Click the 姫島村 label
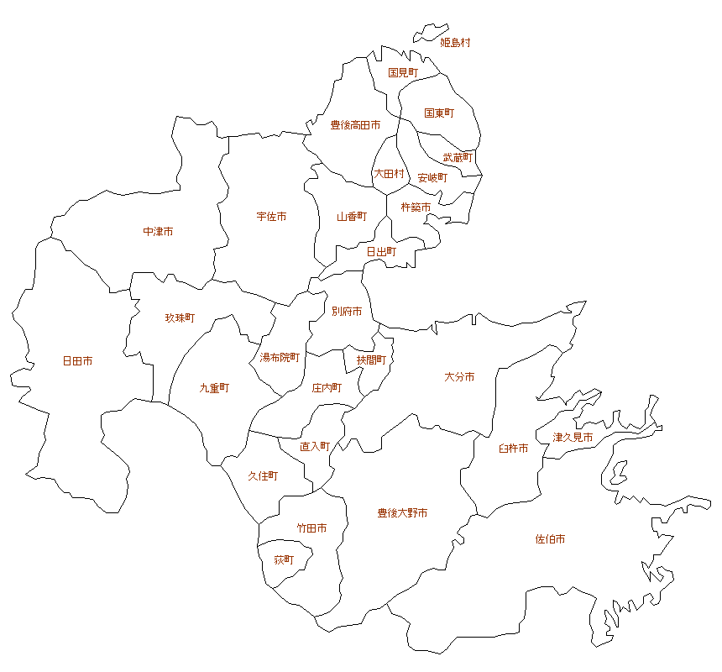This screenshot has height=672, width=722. [456, 42]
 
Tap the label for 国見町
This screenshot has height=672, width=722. [403, 73]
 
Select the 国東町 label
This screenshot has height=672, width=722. [439, 113]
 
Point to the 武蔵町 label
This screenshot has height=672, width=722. [458, 157]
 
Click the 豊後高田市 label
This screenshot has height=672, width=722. [355, 125]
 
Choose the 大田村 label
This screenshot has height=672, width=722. [389, 174]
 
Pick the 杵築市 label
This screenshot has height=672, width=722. [416, 207]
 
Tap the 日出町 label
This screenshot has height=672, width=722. [381, 251]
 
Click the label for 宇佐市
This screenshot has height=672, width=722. [271, 217]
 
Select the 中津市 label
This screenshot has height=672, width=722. [158, 231]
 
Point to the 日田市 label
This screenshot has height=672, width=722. [77, 361]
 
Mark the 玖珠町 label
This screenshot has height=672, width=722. [180, 318]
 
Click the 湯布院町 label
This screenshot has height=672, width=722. [280, 357]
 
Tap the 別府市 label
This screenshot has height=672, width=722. [347, 312]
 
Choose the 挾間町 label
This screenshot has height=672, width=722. [371, 360]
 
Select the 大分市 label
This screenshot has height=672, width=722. [459, 377]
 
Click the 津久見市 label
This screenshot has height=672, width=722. [573, 438]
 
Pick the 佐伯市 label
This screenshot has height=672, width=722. [550, 539]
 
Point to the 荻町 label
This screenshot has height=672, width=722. [285, 559]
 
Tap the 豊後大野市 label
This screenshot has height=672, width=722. [402, 512]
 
